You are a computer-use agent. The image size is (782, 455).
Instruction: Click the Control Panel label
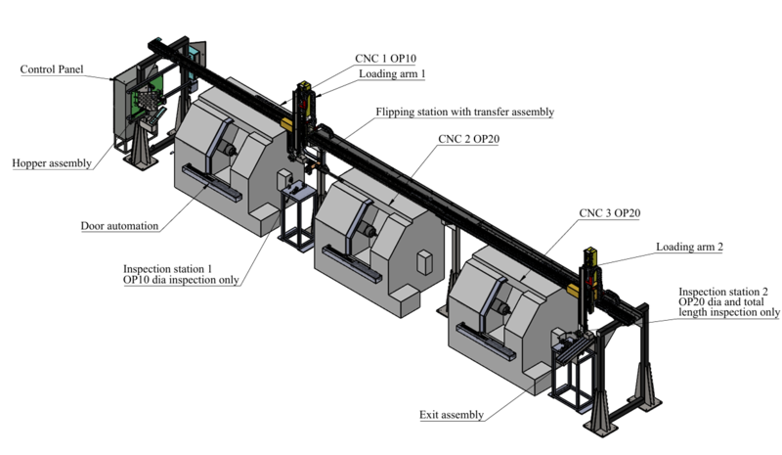tap(52, 70)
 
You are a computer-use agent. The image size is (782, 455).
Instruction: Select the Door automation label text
tap(119, 226)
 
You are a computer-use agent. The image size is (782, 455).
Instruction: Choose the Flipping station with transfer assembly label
tap(465, 113)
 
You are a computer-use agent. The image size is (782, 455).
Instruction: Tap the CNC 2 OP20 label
tap(470, 138)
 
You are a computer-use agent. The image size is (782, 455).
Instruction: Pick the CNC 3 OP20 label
tap(608, 212)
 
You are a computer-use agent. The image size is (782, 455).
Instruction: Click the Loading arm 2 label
tap(689, 248)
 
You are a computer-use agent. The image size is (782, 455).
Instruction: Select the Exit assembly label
tap(451, 415)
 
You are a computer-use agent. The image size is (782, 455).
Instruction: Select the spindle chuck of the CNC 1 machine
tap(228, 148)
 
